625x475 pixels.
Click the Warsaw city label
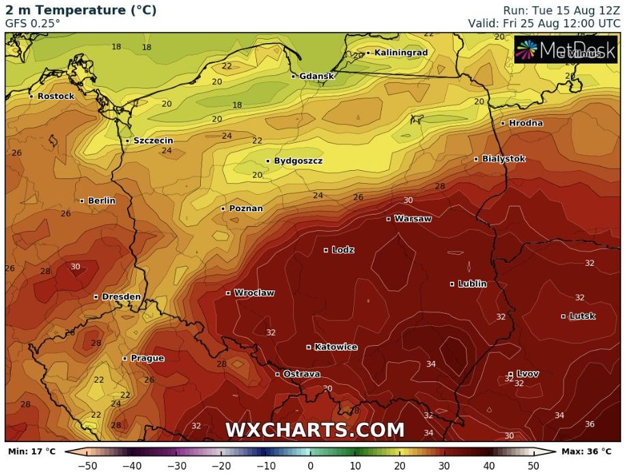(413, 219)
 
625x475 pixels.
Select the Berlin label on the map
(101, 201)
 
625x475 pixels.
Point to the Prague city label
(147, 358)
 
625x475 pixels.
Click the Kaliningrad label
(401, 53)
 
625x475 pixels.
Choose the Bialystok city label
(503, 159)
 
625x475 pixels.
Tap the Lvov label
(527, 374)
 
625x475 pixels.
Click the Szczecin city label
(153, 141)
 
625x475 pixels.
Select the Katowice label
(335, 347)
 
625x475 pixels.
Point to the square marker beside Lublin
(452, 284)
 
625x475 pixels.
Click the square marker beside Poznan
(223, 208)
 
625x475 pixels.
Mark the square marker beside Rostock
(31, 96)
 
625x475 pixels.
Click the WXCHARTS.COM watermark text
(315, 430)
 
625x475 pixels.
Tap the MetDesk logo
(566, 50)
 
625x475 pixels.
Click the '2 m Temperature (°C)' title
(81, 10)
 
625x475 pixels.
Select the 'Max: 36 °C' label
(587, 452)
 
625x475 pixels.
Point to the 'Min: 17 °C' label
(32, 452)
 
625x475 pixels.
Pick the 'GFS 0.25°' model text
(32, 23)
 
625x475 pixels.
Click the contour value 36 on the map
(589, 424)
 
